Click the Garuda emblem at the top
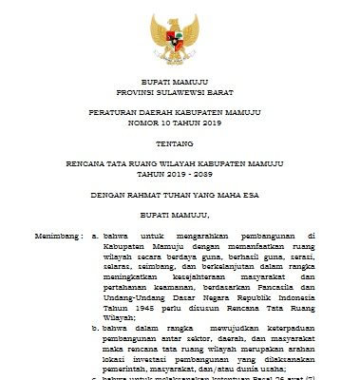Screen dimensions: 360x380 179,36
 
